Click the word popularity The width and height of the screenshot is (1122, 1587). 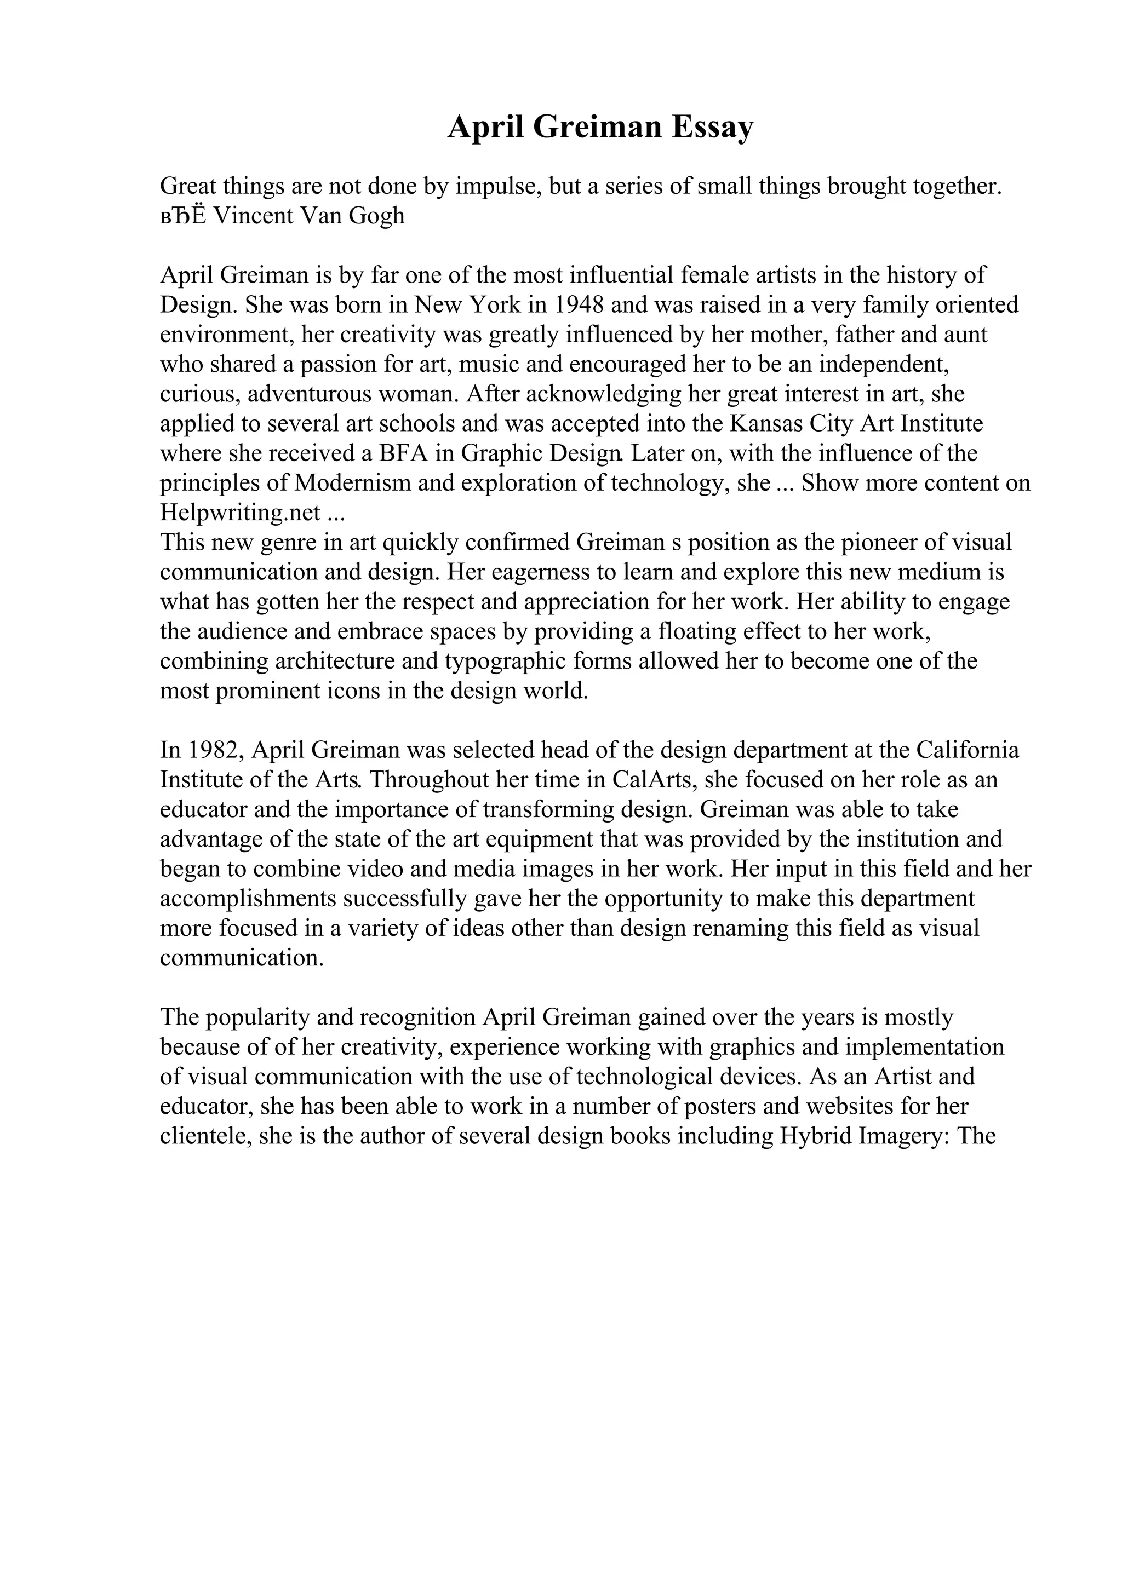point(259,1017)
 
